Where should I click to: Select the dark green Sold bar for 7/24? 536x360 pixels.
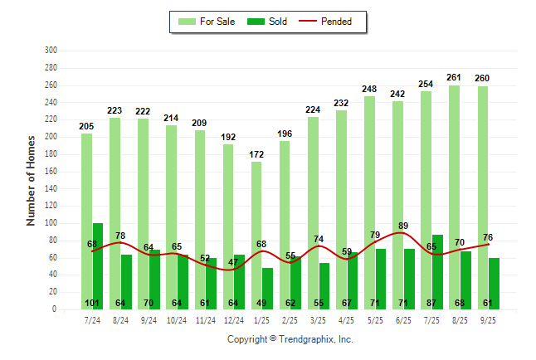(98, 265)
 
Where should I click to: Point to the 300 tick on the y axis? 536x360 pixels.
(51, 51)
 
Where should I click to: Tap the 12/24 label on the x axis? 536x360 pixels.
(233, 320)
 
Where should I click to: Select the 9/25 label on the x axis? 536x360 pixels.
(488, 320)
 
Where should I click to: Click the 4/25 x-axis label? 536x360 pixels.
(346, 320)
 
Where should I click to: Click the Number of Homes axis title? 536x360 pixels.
(32, 180)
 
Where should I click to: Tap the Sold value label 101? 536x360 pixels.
(92, 303)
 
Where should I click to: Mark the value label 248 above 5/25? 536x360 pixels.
(369, 89)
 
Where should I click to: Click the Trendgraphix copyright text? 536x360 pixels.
(290, 339)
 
